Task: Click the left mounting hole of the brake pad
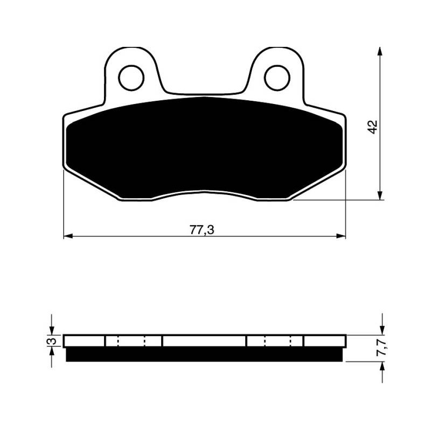pyautogui.click(x=131, y=78)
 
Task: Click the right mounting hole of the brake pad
pyautogui.click(x=277, y=78)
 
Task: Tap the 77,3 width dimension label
pyautogui.click(x=201, y=230)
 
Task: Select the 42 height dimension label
pyautogui.click(x=373, y=127)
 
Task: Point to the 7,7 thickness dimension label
pyautogui.click(x=381, y=348)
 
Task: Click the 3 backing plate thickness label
pyautogui.click(x=52, y=341)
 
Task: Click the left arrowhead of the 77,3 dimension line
pyautogui.click(x=68, y=236)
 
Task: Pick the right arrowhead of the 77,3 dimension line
pyautogui.click(x=341, y=236)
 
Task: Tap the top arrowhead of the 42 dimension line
pyautogui.click(x=380, y=51)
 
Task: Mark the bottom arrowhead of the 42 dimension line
pyautogui.click(x=380, y=196)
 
